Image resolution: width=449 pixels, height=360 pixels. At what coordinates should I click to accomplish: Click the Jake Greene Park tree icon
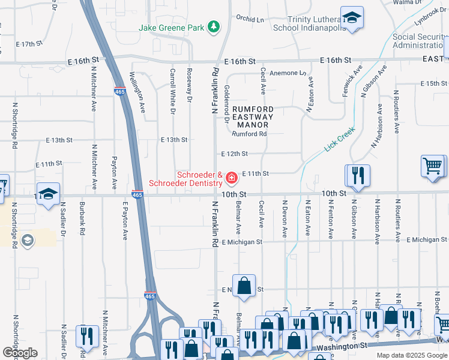tap(213, 27)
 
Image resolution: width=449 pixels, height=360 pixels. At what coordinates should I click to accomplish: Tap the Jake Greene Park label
tap(171, 28)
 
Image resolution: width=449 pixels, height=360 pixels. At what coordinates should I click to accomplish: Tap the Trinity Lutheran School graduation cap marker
tap(352, 17)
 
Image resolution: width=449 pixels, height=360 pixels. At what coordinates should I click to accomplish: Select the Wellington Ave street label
tap(138, 92)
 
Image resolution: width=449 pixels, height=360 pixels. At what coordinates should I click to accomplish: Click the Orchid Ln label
tap(250, 18)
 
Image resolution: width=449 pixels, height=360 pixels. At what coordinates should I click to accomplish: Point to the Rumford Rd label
tap(250, 134)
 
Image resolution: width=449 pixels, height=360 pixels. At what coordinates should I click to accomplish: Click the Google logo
tap(20, 352)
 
